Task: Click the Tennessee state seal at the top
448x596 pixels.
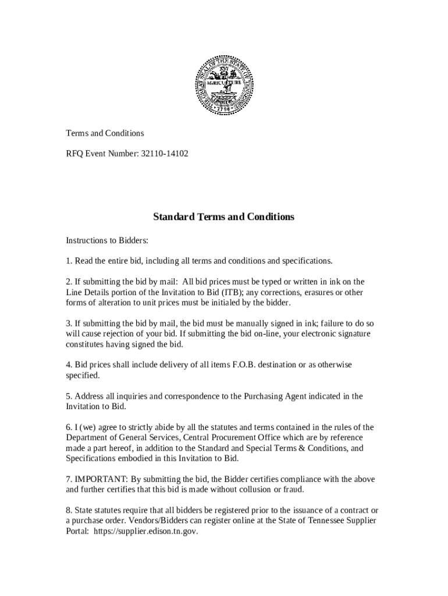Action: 224,85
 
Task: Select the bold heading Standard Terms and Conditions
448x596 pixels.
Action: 224,217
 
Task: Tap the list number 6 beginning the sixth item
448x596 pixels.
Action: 68,427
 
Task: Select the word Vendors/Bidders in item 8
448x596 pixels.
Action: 137,521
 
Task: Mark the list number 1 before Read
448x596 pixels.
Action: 68,261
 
